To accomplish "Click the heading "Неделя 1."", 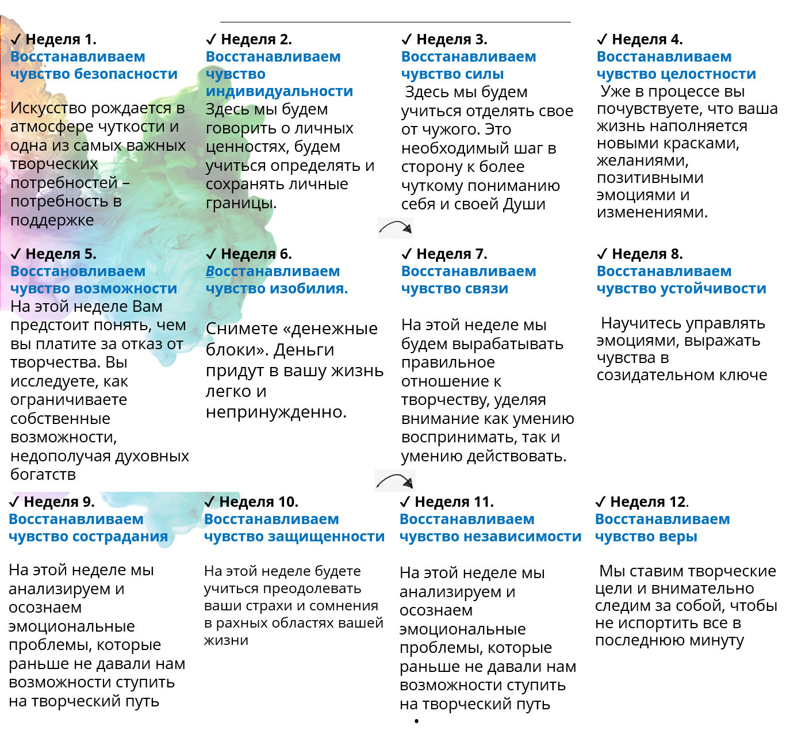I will [x=60, y=39].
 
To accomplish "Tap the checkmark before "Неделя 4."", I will [x=602, y=39].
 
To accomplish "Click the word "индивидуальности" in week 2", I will [x=279, y=91].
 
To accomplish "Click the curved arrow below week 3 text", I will [x=396, y=228].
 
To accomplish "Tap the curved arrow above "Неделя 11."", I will [x=395, y=480].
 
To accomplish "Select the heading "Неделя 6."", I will [x=256, y=254].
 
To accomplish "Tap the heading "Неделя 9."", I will [x=59, y=502].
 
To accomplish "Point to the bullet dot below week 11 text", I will [x=416, y=721].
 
